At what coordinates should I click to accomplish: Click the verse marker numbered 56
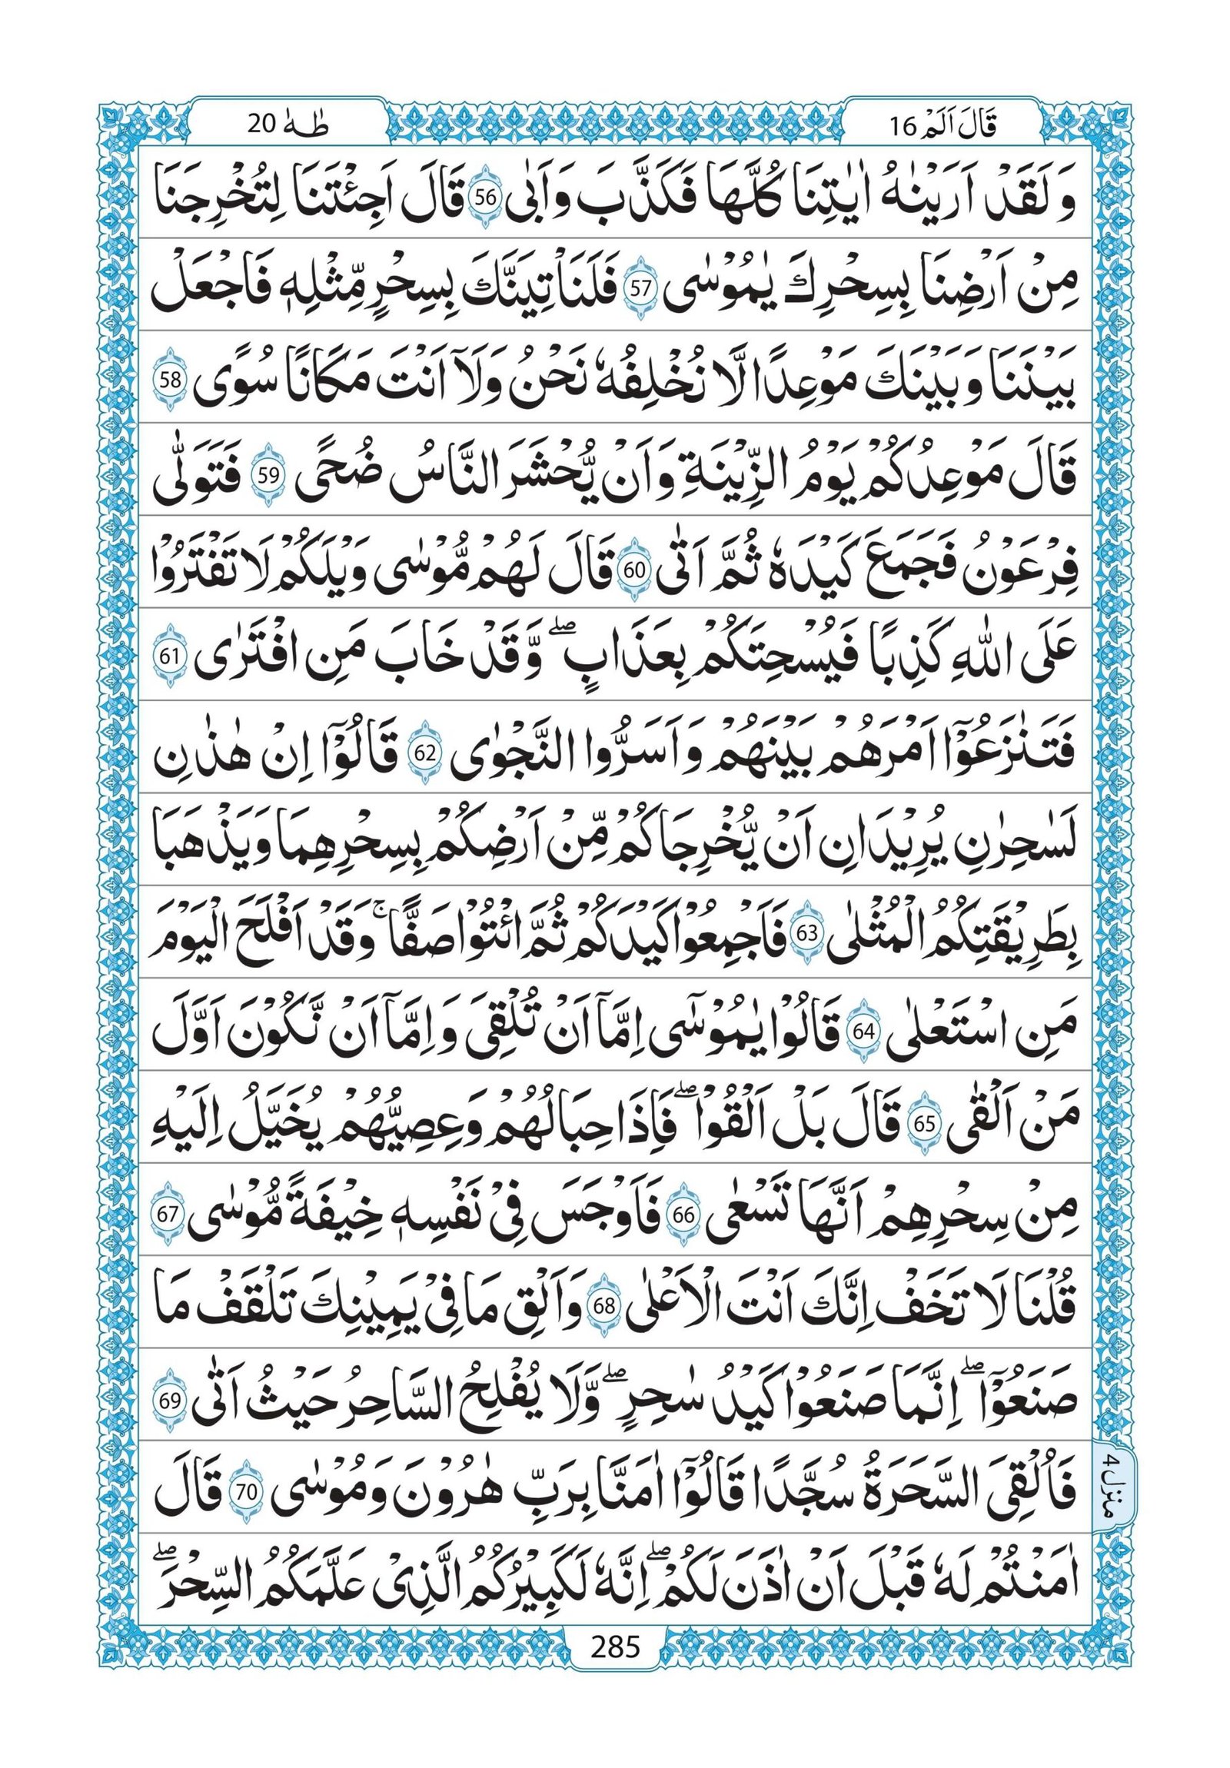[483, 198]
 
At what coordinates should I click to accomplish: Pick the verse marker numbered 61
[169, 659]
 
